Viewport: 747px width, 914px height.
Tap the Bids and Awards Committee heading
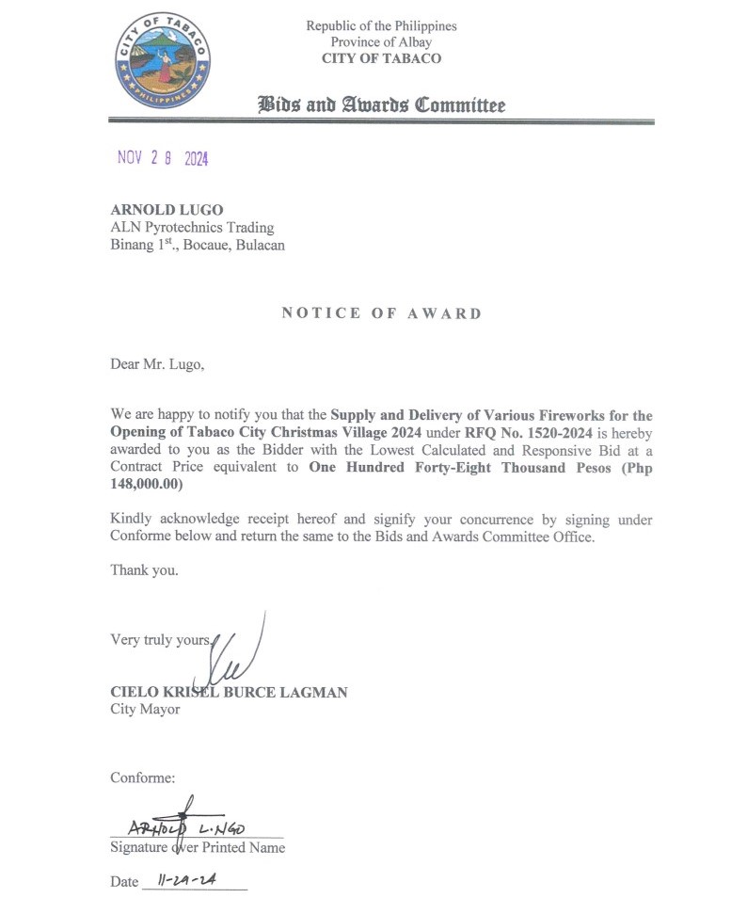[x=381, y=104]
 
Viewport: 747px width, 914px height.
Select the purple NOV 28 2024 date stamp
[x=163, y=158]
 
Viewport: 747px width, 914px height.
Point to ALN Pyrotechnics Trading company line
[x=192, y=228]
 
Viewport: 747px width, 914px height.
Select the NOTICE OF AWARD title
[x=381, y=313]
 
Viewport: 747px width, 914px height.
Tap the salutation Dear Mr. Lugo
[x=156, y=364]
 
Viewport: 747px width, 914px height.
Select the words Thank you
[x=144, y=569]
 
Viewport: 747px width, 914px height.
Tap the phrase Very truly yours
[x=161, y=640]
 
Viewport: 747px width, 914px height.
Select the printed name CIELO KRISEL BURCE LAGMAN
[x=229, y=693]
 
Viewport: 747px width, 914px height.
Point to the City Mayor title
[x=145, y=710]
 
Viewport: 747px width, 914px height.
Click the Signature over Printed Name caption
[x=198, y=847]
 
